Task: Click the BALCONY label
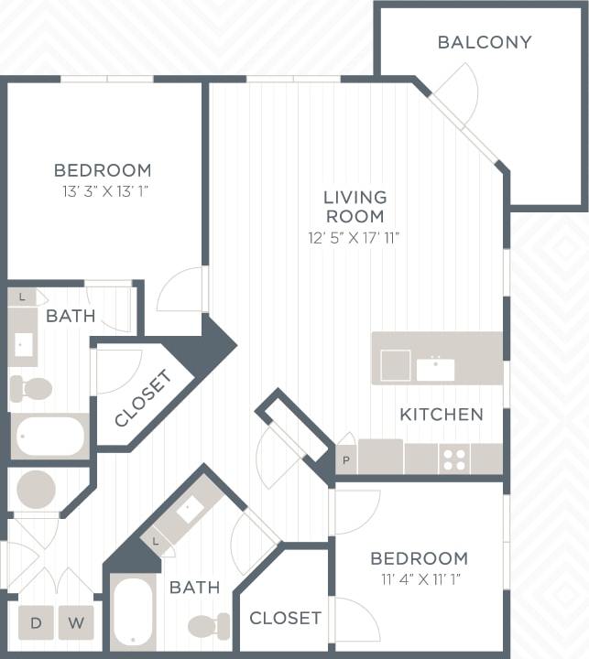click(x=484, y=42)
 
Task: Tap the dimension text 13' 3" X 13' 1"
click(x=102, y=191)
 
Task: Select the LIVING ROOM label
click(x=354, y=207)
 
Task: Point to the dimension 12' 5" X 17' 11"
click(x=354, y=238)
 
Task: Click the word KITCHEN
click(x=441, y=415)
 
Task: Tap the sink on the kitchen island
click(x=435, y=369)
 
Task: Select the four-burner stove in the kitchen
click(x=454, y=459)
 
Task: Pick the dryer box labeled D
click(x=36, y=623)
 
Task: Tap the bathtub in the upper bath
click(x=49, y=436)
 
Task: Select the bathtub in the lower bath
click(x=134, y=611)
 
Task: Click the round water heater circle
click(x=37, y=490)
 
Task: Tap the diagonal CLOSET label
click(x=143, y=398)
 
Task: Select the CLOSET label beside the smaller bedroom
click(x=285, y=618)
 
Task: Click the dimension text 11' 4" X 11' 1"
click(x=419, y=579)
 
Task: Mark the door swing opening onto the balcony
click(x=458, y=92)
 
